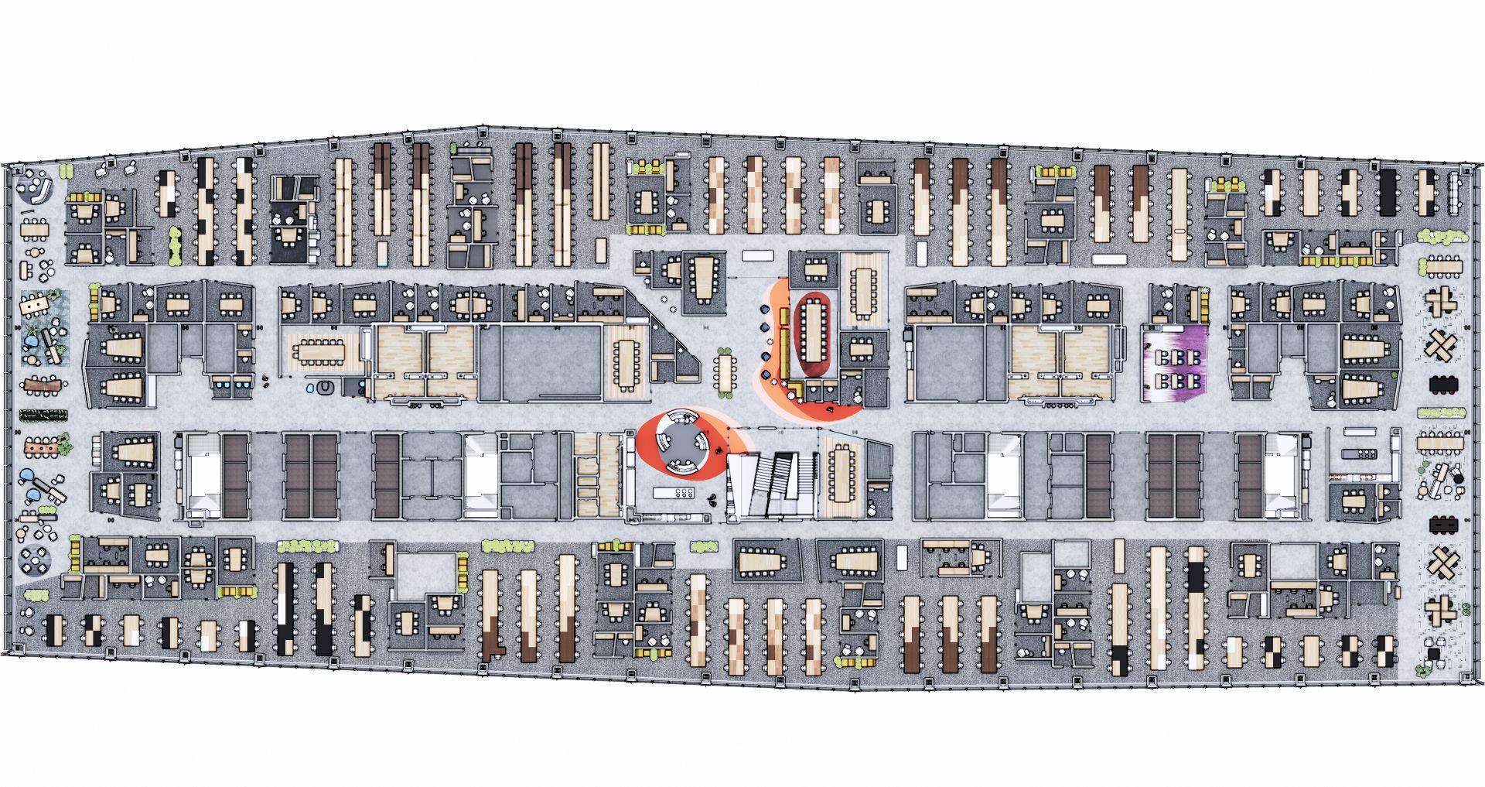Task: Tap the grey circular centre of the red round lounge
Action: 681,443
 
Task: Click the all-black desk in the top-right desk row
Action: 1388,192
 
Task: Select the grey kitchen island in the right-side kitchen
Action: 1359,453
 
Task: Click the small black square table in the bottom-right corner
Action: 1435,655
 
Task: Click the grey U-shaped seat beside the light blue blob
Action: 328,386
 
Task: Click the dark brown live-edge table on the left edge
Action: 43,384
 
